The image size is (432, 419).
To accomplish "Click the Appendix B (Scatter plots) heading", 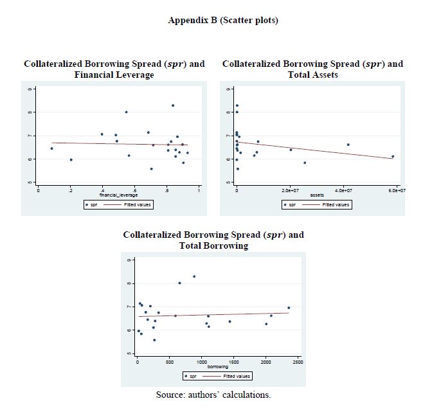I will click(223, 21).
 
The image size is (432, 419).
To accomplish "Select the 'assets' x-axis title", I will click(317, 195).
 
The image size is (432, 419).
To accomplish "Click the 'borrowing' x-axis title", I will click(217, 366).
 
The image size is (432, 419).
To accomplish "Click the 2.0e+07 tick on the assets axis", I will click(291, 191).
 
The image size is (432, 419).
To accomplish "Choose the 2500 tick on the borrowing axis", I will click(298, 362).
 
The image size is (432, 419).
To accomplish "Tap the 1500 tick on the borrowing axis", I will click(233, 362).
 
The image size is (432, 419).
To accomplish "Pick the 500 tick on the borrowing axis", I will click(169, 362).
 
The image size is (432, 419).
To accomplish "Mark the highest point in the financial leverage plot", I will click(173, 105).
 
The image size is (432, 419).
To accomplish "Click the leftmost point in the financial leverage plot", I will click(52, 148).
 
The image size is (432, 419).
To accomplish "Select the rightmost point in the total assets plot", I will click(393, 156).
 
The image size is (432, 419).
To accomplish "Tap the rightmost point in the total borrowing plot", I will click(289, 308).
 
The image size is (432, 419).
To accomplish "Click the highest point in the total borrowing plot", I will click(194, 276).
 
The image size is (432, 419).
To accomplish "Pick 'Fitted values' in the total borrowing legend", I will click(237, 376).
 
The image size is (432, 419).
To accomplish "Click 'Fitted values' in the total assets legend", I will click(336, 204).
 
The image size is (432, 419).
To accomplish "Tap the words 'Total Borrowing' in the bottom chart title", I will click(213, 245).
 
